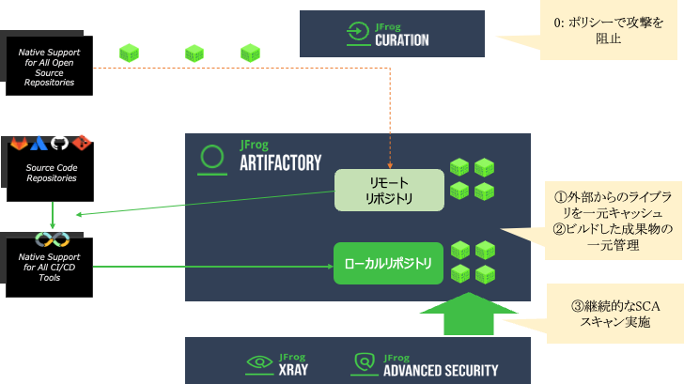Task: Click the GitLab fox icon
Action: point(19,144)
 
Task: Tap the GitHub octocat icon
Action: point(60,144)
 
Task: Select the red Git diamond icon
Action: point(82,144)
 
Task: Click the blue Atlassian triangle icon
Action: point(39,144)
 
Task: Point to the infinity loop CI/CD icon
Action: point(53,239)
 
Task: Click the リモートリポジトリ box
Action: point(389,189)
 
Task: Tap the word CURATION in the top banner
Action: point(401,39)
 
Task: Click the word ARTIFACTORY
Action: point(281,161)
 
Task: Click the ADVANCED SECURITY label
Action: point(441,370)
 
